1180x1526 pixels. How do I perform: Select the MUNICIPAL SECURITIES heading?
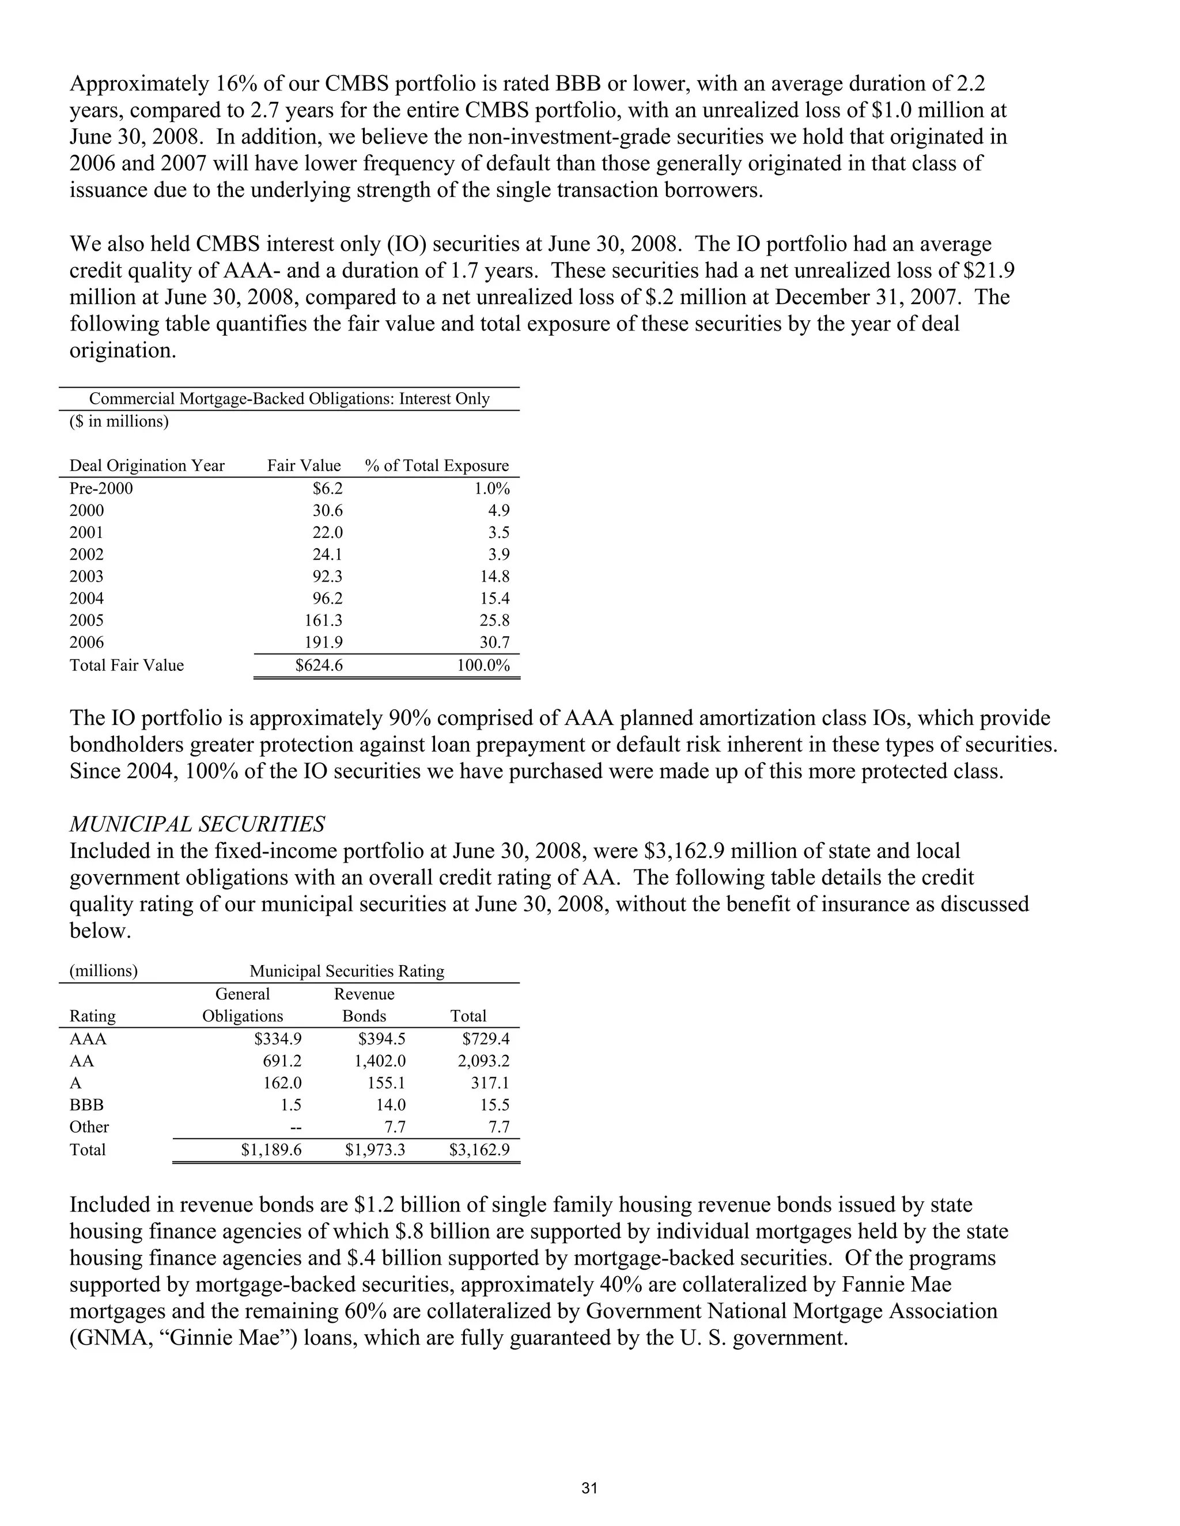[x=197, y=825]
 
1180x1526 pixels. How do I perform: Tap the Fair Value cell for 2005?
[x=323, y=620]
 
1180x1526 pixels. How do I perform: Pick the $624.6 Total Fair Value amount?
[x=319, y=665]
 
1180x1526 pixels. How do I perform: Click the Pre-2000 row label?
[x=101, y=488]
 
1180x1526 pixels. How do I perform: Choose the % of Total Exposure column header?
[x=437, y=466]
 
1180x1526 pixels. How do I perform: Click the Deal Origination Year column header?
[x=147, y=466]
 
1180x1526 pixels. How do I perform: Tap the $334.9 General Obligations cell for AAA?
[x=278, y=1039]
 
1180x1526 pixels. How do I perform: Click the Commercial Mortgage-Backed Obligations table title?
[x=289, y=399]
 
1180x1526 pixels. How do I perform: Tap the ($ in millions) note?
[x=119, y=422]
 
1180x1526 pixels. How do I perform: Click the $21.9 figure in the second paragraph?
[x=986, y=271]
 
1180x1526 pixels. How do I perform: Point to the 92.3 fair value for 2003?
[x=327, y=576]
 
